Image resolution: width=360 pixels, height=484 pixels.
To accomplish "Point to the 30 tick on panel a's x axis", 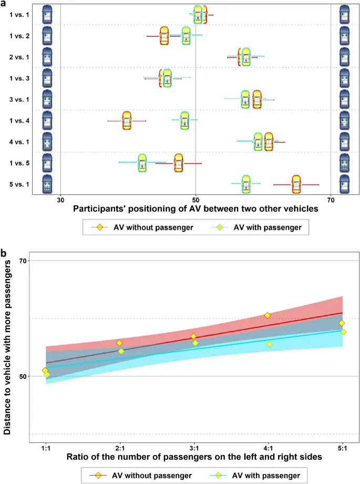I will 60,200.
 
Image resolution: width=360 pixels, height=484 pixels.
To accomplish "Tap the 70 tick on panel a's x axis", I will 331,200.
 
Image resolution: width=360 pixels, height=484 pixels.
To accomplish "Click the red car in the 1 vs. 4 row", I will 127,120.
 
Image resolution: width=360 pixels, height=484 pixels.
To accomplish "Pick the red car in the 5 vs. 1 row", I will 296,184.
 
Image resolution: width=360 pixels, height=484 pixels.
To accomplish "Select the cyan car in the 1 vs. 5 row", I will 142,163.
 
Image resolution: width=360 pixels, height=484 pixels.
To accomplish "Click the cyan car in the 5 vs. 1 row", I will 246,184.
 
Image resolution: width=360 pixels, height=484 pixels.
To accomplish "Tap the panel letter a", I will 4,4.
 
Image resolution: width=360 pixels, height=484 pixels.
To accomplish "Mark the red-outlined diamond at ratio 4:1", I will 268,315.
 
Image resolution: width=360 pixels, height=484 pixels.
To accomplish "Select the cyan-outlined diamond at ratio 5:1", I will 344,332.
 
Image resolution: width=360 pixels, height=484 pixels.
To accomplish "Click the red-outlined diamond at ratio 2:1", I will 119,343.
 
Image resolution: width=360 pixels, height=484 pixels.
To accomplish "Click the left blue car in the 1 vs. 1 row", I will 47,14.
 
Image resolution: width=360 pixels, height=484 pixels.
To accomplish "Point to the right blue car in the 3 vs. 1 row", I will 344,99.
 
